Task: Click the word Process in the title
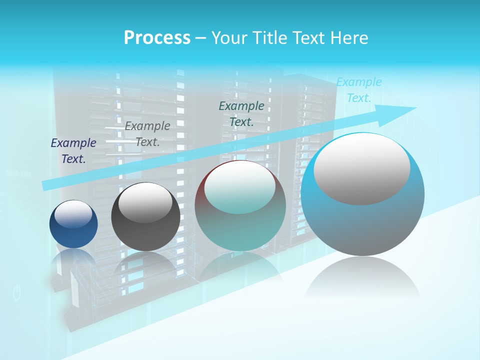coord(157,38)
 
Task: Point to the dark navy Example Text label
coord(73,151)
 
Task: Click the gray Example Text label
coord(147,134)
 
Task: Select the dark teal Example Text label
coord(241,113)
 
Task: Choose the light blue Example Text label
coord(359,90)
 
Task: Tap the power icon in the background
coord(17,293)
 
